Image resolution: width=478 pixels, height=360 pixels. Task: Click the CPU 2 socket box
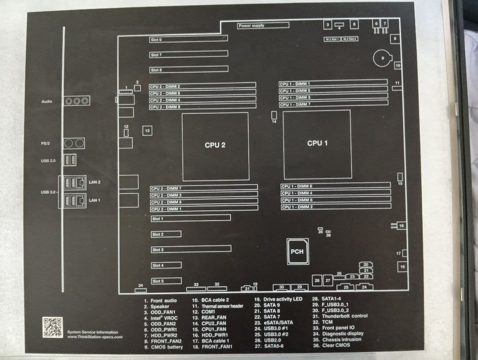(x=215, y=146)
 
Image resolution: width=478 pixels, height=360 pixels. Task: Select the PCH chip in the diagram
(x=297, y=251)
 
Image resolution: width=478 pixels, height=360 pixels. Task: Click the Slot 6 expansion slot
(x=189, y=40)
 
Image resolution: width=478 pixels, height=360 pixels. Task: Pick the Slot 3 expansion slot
(x=191, y=250)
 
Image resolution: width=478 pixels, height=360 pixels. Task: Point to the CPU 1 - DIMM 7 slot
(x=333, y=104)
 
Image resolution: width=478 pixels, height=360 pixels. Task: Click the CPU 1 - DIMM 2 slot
(x=336, y=207)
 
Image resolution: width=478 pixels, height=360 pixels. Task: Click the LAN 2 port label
(x=94, y=182)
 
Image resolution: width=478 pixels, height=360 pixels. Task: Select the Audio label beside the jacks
(x=46, y=101)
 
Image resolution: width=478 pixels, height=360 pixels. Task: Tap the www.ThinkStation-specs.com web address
(x=95, y=337)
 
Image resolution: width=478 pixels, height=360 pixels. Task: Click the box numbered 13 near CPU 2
(x=147, y=131)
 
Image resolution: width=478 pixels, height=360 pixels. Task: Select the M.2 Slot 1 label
(x=332, y=39)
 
